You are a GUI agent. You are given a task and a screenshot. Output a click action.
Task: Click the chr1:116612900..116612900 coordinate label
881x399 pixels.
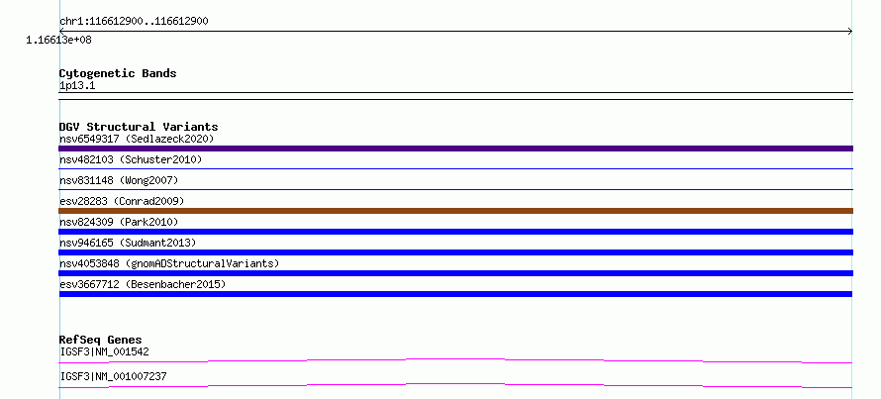(x=135, y=22)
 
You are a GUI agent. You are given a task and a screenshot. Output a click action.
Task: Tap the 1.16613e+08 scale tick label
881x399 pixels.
(x=59, y=41)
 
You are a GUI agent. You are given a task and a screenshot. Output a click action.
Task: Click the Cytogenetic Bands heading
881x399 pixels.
(x=118, y=73)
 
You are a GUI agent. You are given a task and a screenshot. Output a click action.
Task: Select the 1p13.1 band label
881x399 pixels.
(x=77, y=86)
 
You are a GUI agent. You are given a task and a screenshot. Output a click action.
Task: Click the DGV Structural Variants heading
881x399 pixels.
(x=139, y=127)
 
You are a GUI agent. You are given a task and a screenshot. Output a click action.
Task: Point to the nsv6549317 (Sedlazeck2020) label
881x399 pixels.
(x=137, y=139)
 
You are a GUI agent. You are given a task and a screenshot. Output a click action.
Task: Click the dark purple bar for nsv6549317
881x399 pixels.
(x=455, y=149)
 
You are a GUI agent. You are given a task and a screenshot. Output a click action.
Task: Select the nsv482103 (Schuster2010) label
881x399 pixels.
(x=131, y=159)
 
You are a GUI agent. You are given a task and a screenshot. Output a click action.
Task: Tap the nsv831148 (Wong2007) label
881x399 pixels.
(x=119, y=180)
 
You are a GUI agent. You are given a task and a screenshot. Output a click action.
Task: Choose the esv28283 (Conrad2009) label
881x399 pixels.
(x=122, y=201)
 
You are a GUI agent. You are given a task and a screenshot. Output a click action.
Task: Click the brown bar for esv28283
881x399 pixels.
(x=455, y=211)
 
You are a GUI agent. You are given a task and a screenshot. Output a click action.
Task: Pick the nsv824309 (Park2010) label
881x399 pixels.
(x=119, y=222)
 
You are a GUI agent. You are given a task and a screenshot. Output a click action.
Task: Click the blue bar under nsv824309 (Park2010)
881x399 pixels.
(x=455, y=232)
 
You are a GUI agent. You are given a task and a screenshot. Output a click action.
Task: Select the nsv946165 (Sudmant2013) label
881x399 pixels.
(x=128, y=243)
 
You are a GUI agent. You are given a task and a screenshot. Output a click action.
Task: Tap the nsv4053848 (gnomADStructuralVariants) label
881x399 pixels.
(x=169, y=263)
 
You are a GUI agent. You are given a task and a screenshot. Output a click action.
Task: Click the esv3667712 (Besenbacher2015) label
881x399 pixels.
(x=143, y=284)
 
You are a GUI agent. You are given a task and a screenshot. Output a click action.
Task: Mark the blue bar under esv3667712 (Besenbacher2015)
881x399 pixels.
(x=455, y=294)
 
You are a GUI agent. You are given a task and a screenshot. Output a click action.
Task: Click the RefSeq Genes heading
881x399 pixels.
(x=101, y=340)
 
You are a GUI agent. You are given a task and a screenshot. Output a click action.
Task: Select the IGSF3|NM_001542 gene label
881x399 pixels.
(x=105, y=351)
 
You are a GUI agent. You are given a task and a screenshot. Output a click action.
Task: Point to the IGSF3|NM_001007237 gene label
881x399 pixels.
(x=114, y=376)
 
